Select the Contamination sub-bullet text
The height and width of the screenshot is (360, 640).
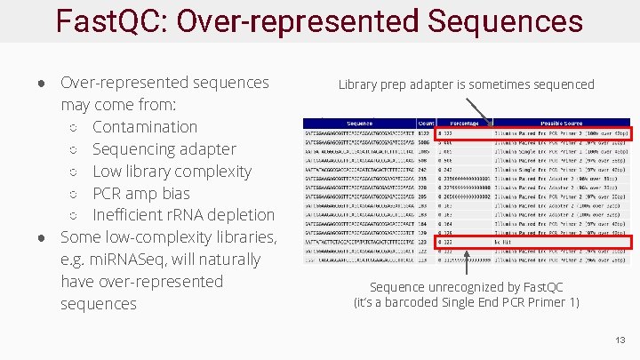[x=144, y=127]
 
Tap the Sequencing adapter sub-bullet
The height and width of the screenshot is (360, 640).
[x=164, y=149]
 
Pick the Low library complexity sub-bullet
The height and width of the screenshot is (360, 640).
[x=172, y=171]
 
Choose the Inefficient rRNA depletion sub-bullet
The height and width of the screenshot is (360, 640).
[x=183, y=215]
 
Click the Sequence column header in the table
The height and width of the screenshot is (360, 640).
[x=360, y=123]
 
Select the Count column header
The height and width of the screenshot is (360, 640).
[x=426, y=123]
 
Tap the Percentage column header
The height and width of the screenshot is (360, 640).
[x=463, y=123]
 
